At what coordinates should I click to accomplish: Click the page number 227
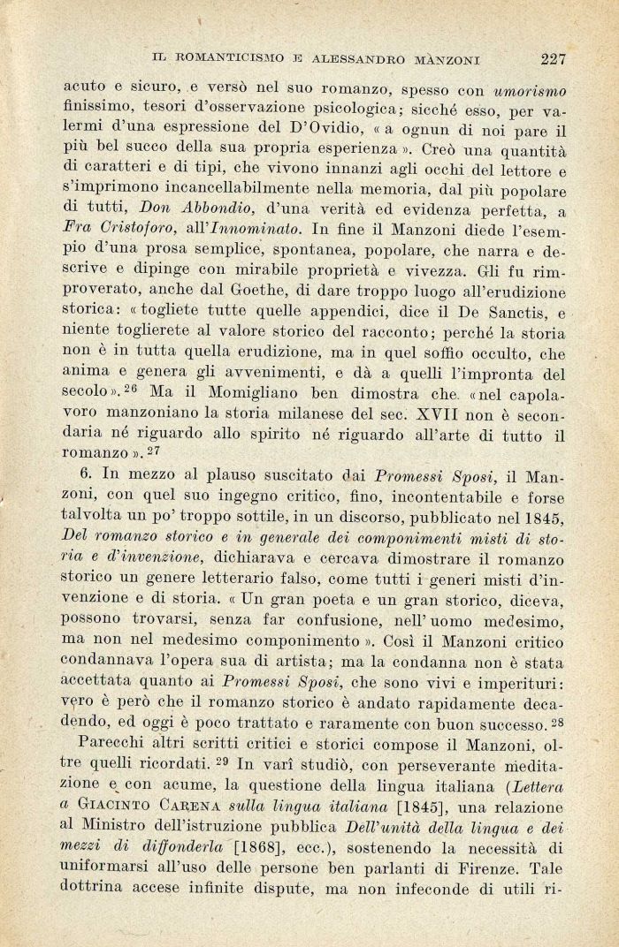tap(553, 59)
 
